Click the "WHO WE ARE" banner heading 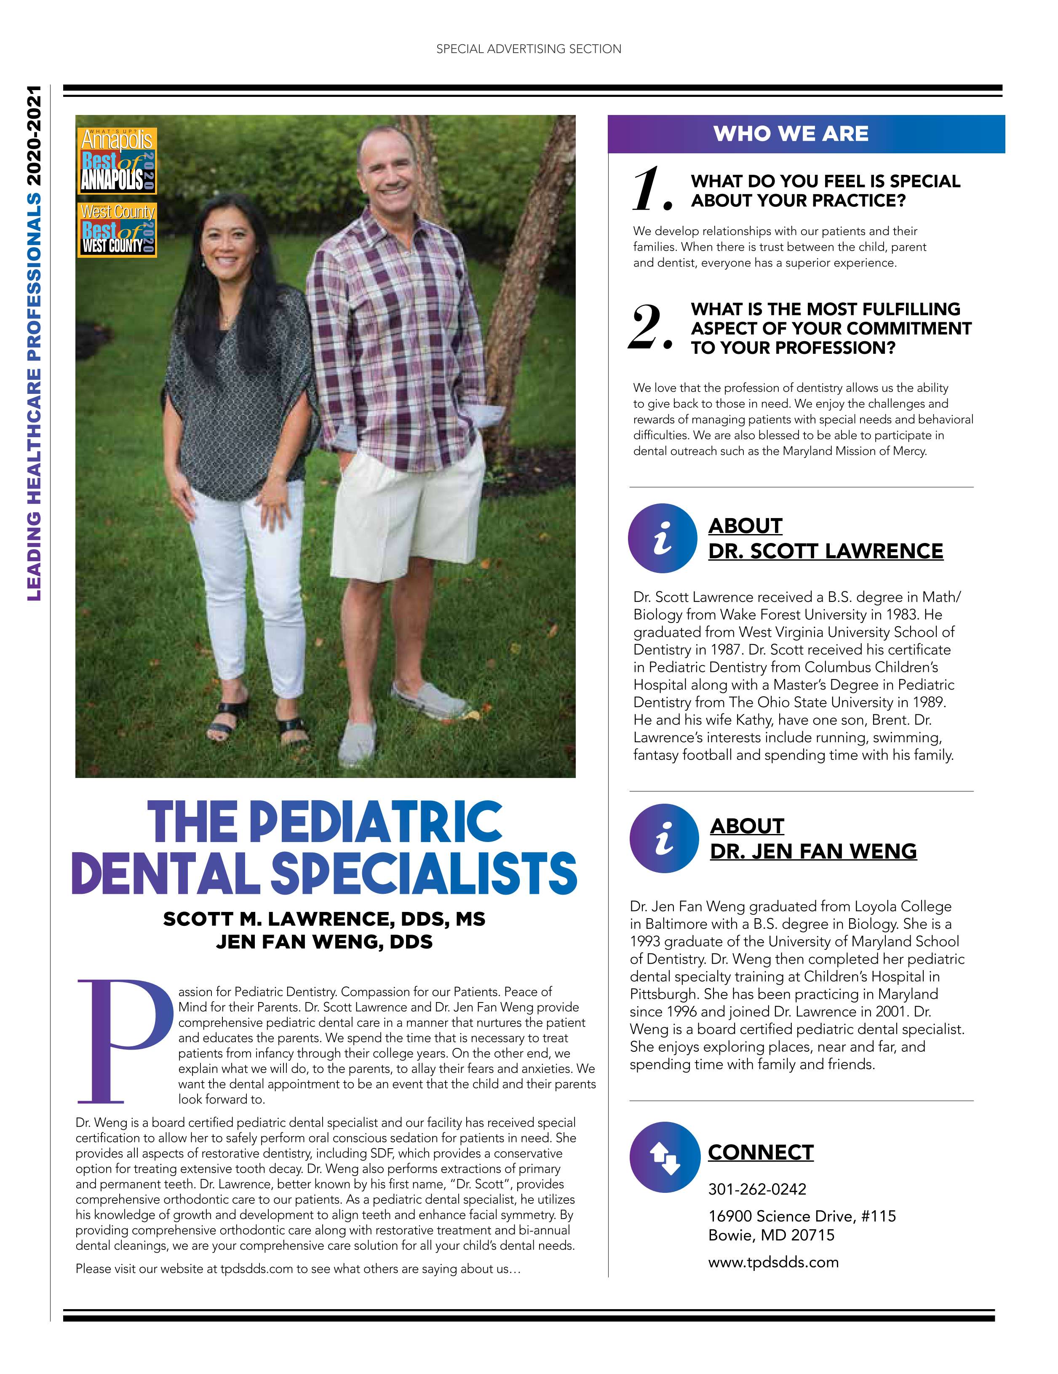pos(791,134)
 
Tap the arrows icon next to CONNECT pos(664,1158)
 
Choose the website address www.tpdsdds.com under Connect pos(773,1262)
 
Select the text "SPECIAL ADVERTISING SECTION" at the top pos(529,49)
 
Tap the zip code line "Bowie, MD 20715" pos(771,1234)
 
